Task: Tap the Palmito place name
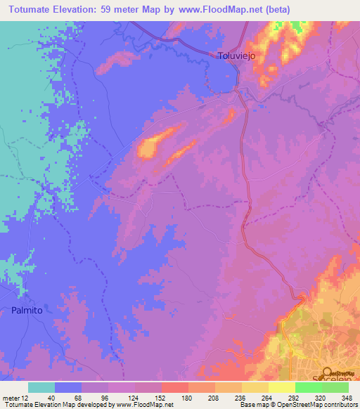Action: coord(27,310)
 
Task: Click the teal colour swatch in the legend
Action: coord(41,387)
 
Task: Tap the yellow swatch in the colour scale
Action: coord(281,387)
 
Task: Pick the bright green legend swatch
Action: coord(308,387)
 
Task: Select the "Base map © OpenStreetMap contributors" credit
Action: coord(298,405)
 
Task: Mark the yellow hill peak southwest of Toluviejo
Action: coord(148,148)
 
